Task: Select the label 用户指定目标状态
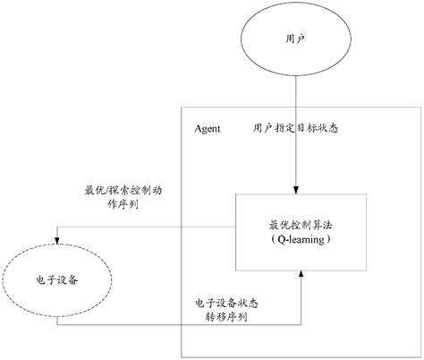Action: click(x=294, y=129)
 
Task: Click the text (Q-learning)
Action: click(x=294, y=241)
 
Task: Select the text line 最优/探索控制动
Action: click(x=124, y=191)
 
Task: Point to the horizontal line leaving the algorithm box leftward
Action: click(x=143, y=227)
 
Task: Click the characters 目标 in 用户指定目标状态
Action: click(x=304, y=129)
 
